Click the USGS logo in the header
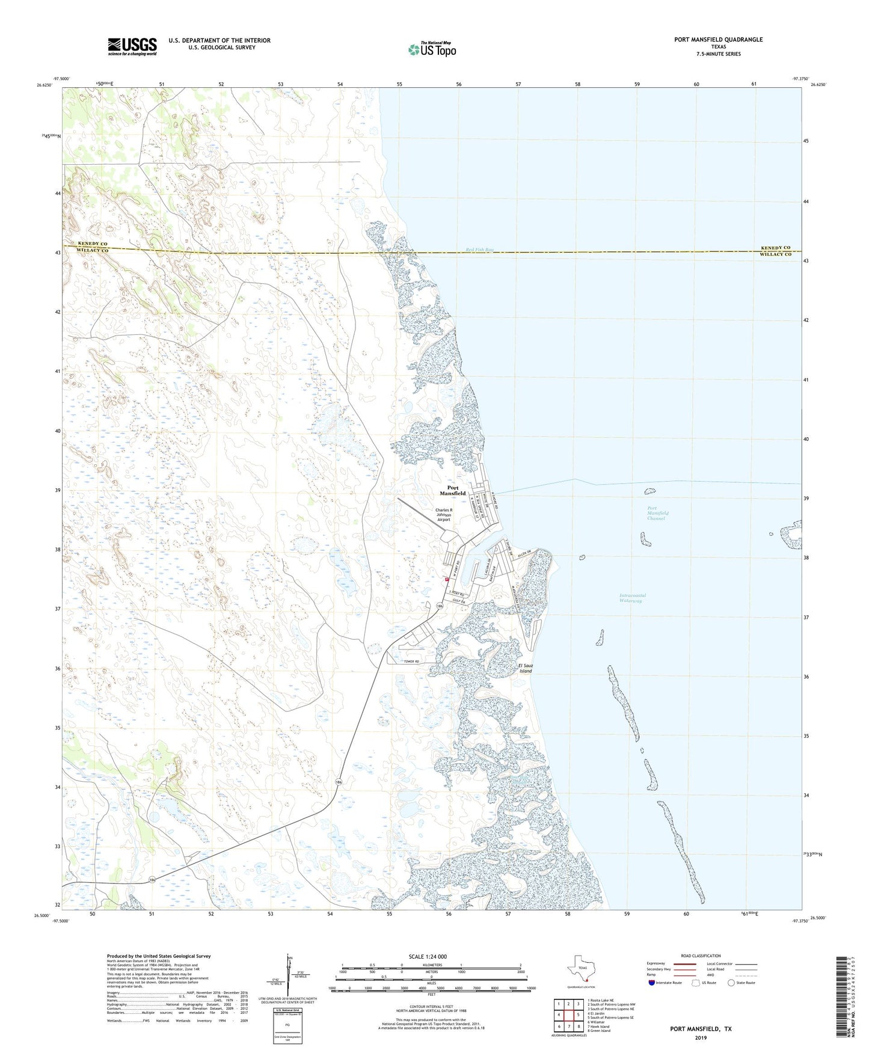pos(132,46)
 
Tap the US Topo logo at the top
pos(432,49)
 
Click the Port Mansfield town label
pos(452,491)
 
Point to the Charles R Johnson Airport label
pos(444,515)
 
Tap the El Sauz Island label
pos(525,668)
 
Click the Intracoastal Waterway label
pos(632,598)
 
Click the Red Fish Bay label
pos(479,250)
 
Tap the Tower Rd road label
pos(411,662)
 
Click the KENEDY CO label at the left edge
pos(93,244)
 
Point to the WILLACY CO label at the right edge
pos(776,254)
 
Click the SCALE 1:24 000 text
pos(428,956)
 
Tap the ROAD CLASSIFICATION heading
pos(701,956)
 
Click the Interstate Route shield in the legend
pos(652,983)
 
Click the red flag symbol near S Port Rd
pos(447,580)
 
